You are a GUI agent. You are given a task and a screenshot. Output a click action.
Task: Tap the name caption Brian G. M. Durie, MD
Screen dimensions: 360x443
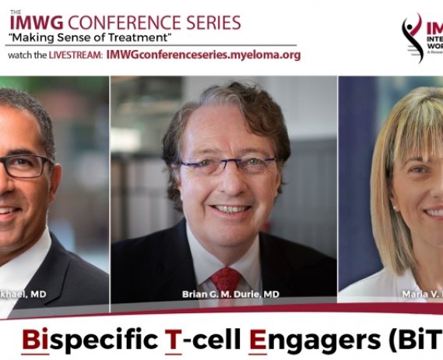point(227,295)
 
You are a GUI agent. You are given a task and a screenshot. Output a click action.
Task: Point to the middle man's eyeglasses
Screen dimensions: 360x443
point(227,164)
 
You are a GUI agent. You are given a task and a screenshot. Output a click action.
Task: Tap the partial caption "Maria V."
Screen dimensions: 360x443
point(417,295)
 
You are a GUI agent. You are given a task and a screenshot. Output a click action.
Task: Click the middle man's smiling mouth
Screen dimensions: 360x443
point(230,208)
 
